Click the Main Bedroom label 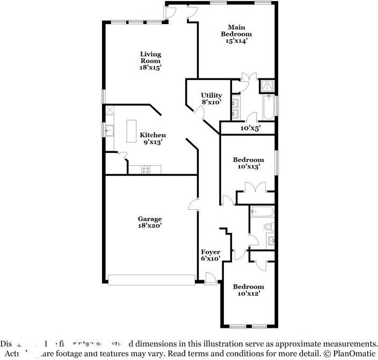[236, 34]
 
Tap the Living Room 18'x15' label [150, 61]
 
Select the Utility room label [211, 99]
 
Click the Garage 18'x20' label [150, 222]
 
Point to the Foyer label [210, 255]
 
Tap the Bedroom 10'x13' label [248, 163]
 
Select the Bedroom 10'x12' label [248, 290]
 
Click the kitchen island [132, 131]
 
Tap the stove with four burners [146, 170]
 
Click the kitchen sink [109, 130]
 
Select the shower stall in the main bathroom [267, 86]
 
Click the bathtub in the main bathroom [267, 107]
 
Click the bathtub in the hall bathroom [263, 211]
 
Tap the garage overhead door [151, 280]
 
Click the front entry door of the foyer [211, 277]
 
